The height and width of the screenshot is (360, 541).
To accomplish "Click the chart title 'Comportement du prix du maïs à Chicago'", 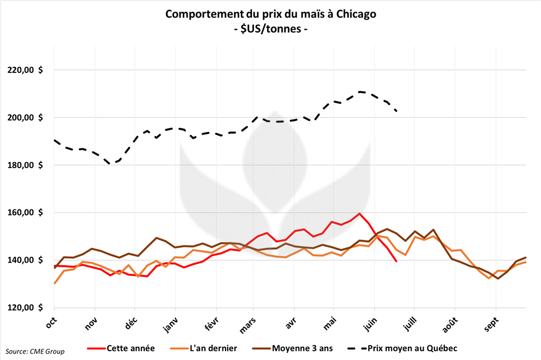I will tap(270, 14).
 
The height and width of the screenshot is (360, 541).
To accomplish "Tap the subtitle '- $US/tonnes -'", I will tap(270, 30).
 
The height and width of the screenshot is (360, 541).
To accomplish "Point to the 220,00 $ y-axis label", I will tap(25, 70).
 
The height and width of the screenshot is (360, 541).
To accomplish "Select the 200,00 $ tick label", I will tap(25, 117).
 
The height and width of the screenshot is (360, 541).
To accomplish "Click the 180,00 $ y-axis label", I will tap(25, 165).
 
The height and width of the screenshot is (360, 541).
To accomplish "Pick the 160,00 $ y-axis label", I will tap(25, 213).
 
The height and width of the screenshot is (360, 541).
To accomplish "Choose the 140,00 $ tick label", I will tap(25, 260).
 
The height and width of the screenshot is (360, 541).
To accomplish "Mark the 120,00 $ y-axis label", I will tap(25, 308).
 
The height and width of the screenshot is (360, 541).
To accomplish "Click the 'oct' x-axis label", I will tap(51, 322).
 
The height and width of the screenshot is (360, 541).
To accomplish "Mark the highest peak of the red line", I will tap(359, 214).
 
